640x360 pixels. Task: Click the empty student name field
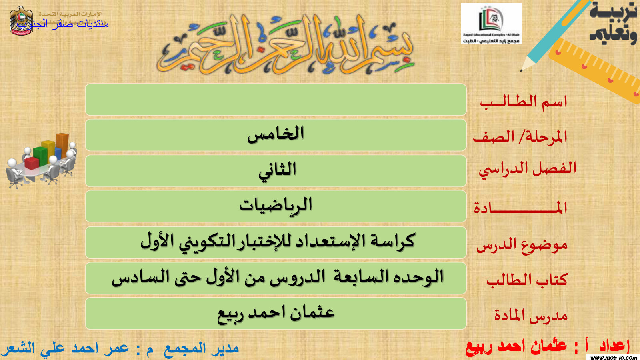(x=276, y=100)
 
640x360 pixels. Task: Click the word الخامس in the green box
(x=276, y=134)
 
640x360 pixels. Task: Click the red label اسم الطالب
(x=524, y=102)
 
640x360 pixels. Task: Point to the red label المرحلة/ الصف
(x=520, y=137)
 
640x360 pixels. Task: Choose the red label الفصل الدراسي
(x=527, y=169)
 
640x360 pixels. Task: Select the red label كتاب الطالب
(x=527, y=280)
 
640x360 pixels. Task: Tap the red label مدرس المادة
(x=531, y=316)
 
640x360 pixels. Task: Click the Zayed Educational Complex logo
(x=491, y=24)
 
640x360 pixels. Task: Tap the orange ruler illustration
(x=594, y=70)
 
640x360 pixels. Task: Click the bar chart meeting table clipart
(x=42, y=160)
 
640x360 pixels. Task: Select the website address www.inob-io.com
(x=614, y=357)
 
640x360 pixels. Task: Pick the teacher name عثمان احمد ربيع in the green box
(x=276, y=313)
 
